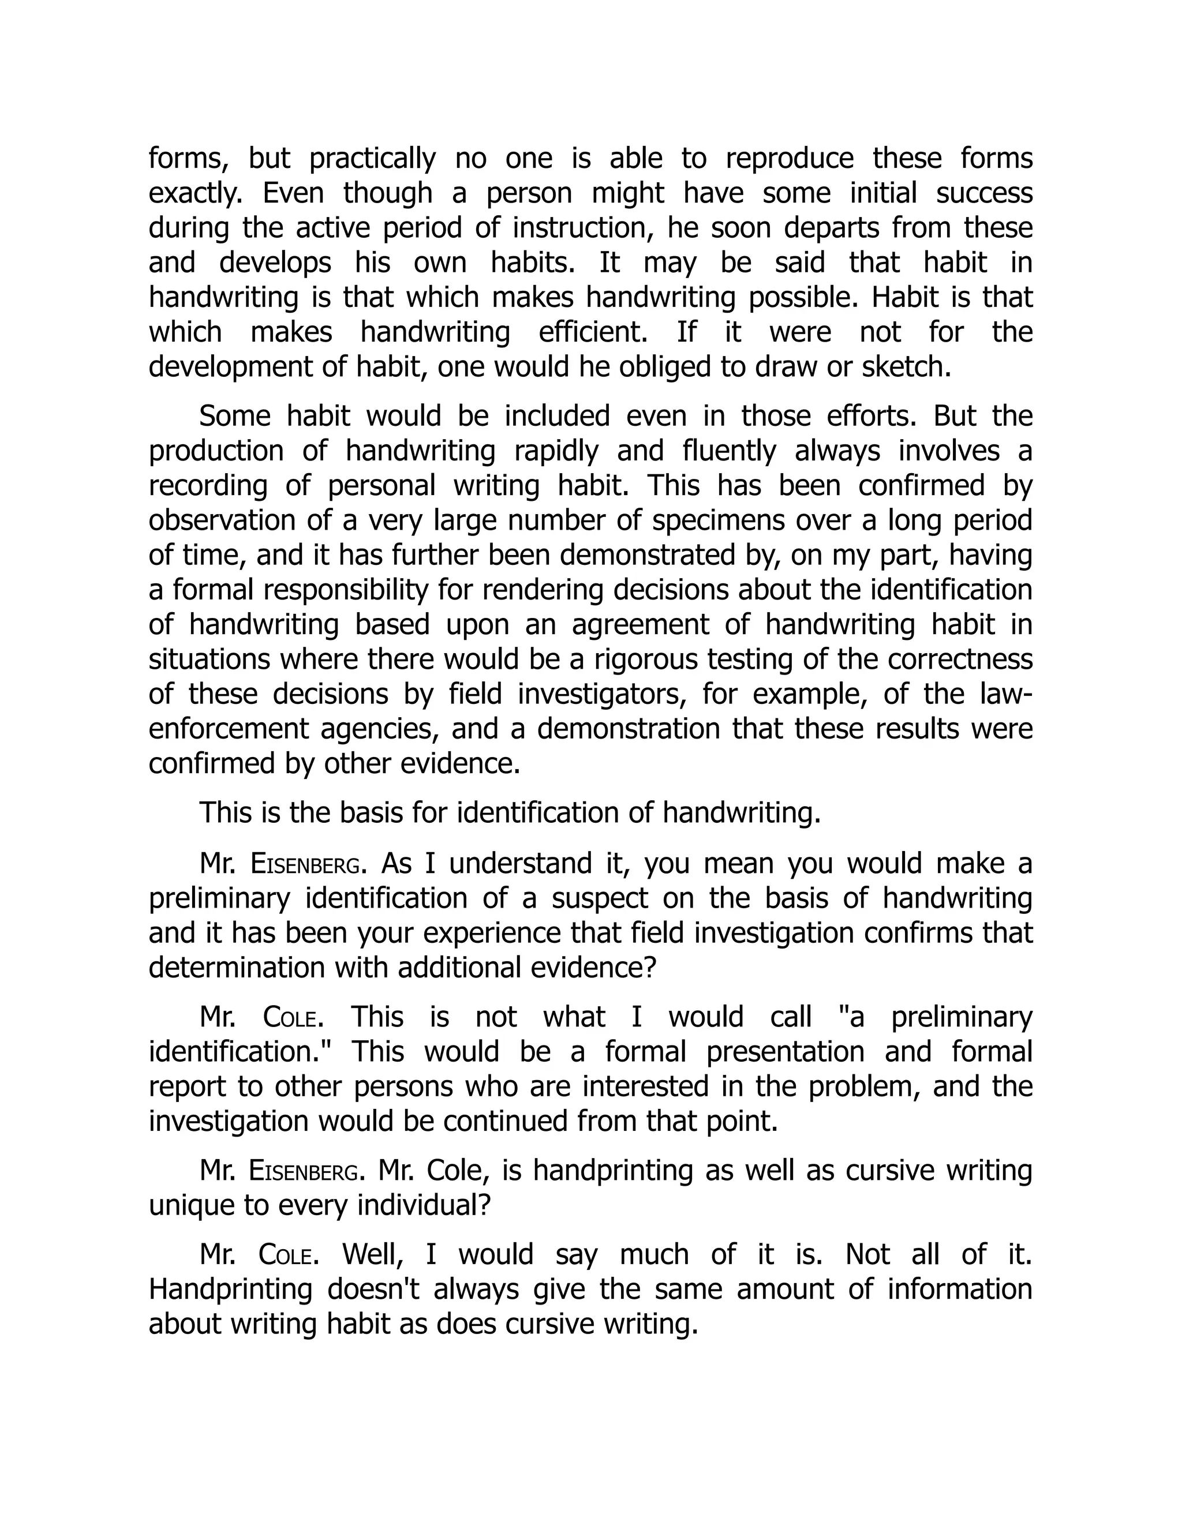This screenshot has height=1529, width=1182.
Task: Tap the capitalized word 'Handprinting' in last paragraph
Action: pyautogui.click(x=230, y=1290)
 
